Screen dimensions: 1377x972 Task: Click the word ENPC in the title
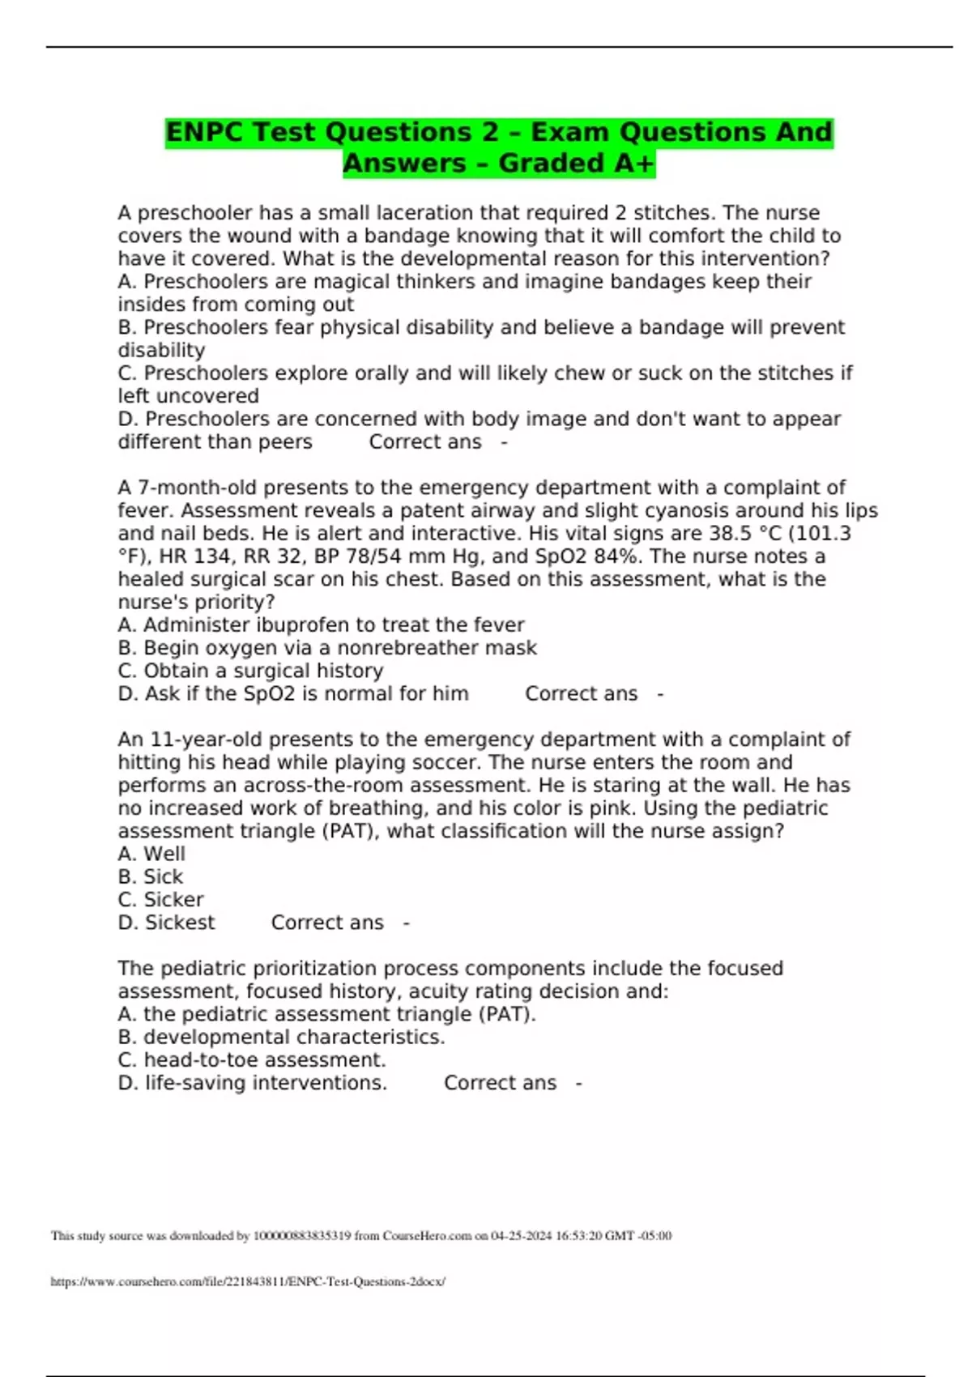[x=206, y=132]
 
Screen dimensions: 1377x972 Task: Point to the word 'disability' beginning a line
[x=161, y=351]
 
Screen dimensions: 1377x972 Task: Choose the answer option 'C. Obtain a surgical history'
[x=250, y=671]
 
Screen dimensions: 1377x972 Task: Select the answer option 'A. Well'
[x=151, y=854]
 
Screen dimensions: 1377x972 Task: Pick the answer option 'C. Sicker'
[x=160, y=900]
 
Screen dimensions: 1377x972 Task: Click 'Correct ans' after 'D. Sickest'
[x=327, y=923]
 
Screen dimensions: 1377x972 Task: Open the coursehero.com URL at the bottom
[x=248, y=1281]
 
